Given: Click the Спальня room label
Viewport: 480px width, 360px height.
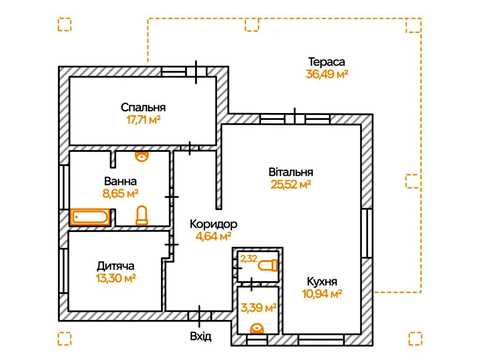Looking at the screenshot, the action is [143, 108].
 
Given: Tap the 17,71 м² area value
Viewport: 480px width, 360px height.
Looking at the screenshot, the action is [143, 120].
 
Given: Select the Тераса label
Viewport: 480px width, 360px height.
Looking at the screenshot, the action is [326, 62].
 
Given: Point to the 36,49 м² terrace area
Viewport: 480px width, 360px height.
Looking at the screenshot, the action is [327, 74].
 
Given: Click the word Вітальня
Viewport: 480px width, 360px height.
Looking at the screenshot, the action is [291, 172].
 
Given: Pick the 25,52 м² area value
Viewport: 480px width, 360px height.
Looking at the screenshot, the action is [291, 185].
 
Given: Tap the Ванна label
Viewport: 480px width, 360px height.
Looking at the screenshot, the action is [120, 181].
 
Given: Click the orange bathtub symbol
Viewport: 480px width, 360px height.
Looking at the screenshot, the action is [90, 217].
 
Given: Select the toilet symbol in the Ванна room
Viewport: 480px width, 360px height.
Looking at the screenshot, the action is [142, 215].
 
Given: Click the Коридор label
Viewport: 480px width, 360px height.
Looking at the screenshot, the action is [213, 224].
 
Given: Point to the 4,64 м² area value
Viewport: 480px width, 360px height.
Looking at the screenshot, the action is [214, 236].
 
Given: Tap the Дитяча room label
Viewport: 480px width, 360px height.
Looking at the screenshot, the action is [116, 266].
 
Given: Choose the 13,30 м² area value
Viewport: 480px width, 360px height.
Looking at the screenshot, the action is [116, 278].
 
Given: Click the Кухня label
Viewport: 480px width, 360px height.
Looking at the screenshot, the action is [322, 282].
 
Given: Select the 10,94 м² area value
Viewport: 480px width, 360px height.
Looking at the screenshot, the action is [322, 294].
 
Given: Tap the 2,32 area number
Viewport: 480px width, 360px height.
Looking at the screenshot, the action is [249, 258].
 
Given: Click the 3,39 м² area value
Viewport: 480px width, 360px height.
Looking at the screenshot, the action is [258, 308].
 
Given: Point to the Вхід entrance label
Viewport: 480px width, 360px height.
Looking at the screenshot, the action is [201, 336].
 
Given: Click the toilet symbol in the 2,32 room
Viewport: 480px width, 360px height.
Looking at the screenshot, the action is [268, 266].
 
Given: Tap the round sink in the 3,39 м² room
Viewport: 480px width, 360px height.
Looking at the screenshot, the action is [257, 328].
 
